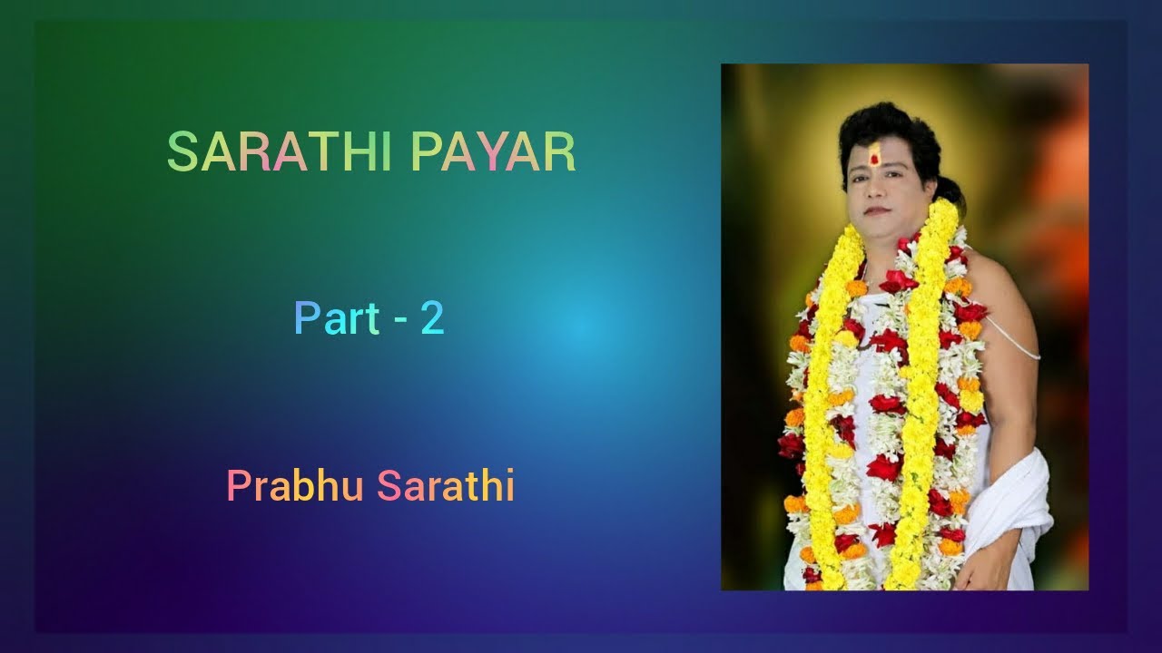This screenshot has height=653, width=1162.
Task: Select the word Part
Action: click(337, 319)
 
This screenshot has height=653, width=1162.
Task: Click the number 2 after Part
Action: click(432, 319)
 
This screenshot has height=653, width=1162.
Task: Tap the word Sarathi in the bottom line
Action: click(447, 486)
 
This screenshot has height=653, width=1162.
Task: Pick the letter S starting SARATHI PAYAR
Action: click(181, 152)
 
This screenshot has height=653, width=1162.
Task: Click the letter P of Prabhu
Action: click(238, 486)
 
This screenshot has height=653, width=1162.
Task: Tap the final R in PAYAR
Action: click(561, 152)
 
